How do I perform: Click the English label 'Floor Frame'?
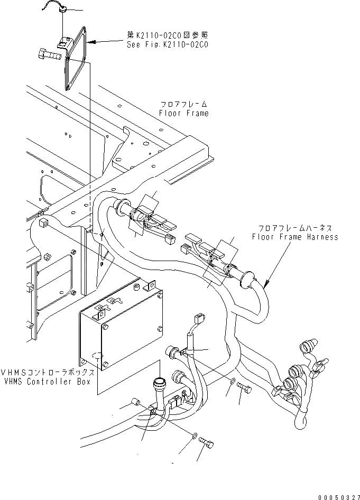point(184,113)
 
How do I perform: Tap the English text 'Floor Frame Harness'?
point(295,237)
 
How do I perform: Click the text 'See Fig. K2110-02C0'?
point(168,45)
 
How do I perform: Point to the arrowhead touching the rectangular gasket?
point(90,41)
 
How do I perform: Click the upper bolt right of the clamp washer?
point(244,388)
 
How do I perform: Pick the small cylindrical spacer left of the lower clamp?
point(136,404)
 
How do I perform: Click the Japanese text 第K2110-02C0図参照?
point(168,35)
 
